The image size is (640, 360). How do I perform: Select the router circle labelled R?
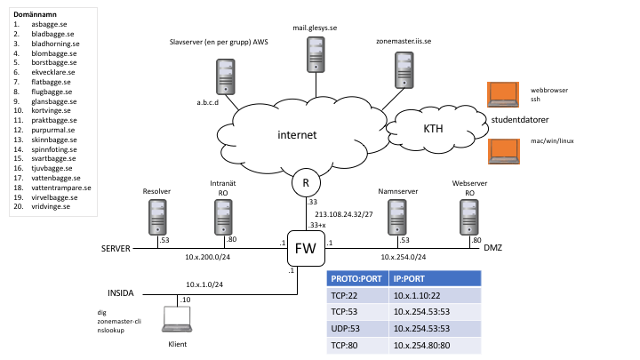305,183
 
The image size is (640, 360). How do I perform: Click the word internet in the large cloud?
296,135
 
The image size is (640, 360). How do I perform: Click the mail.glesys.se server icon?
315,55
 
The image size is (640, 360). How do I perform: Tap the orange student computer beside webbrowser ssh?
503,93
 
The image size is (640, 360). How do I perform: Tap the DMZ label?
492,248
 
